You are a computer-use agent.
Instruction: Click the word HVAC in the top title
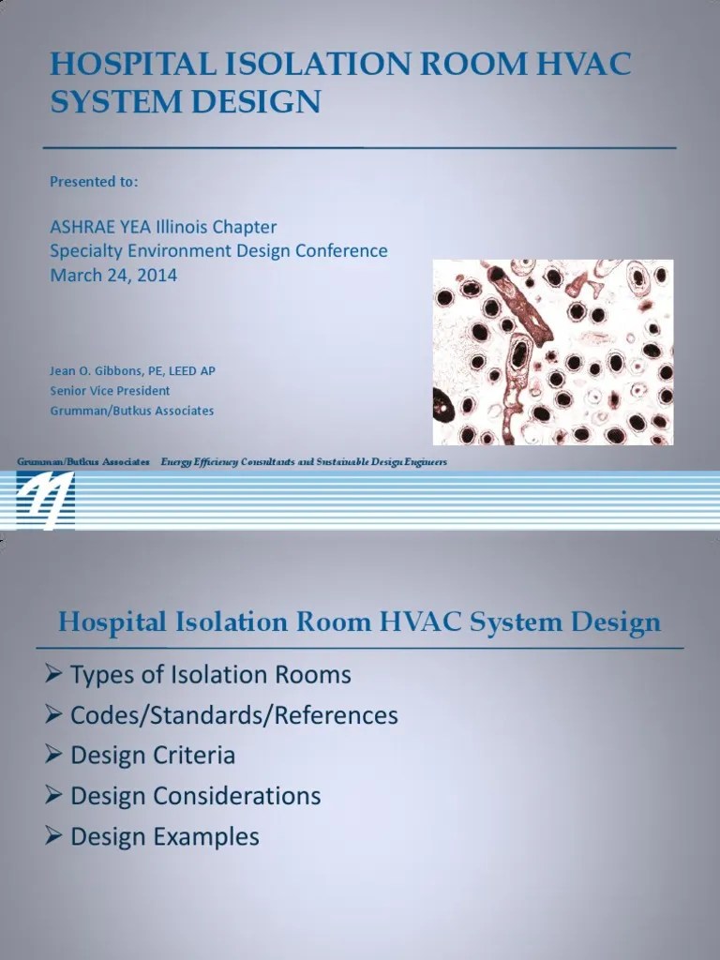pyautogui.click(x=585, y=65)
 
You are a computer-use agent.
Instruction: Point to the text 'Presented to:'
pyautogui.click(x=94, y=182)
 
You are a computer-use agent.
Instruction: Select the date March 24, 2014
pyautogui.click(x=113, y=275)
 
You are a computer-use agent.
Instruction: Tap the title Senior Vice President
pyautogui.click(x=110, y=390)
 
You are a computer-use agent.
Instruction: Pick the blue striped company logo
pyautogui.click(x=45, y=499)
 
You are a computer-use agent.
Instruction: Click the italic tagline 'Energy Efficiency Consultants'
pyautogui.click(x=230, y=462)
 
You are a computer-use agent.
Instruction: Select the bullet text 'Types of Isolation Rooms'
pyautogui.click(x=211, y=675)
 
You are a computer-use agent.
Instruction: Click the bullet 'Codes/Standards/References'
pyautogui.click(x=234, y=715)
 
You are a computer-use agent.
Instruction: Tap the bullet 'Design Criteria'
pyautogui.click(x=153, y=756)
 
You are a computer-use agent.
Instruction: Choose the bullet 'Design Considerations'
pyautogui.click(x=196, y=796)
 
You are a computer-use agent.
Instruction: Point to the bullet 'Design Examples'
pyautogui.click(x=165, y=836)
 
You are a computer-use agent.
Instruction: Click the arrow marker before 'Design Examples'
pyautogui.click(x=54, y=836)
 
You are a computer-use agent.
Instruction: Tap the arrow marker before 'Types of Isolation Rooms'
pyautogui.click(x=54, y=675)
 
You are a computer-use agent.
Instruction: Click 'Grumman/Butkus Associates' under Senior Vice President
pyautogui.click(x=131, y=411)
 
